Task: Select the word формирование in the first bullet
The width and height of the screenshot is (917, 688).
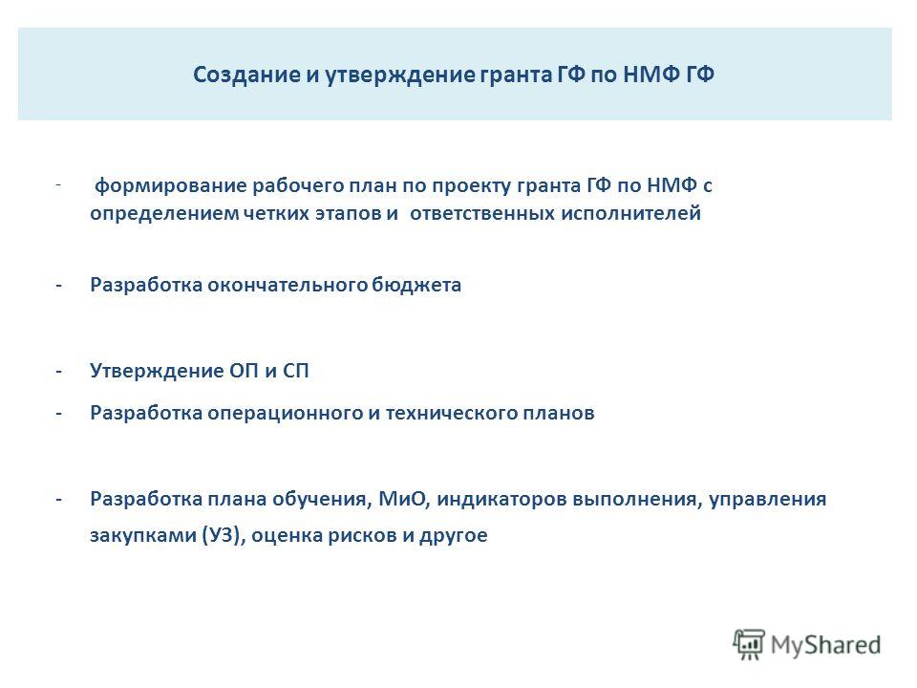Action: [170, 186]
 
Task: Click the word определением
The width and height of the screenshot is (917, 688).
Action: [164, 212]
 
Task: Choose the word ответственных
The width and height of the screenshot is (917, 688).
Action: [482, 212]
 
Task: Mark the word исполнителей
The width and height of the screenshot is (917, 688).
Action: [631, 212]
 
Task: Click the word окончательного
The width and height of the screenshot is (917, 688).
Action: [288, 285]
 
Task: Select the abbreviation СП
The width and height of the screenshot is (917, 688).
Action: [296, 371]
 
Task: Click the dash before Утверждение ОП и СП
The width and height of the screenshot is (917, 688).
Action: [58, 371]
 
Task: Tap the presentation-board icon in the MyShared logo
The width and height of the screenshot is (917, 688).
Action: [749, 645]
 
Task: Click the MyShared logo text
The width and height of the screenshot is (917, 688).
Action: [825, 645]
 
